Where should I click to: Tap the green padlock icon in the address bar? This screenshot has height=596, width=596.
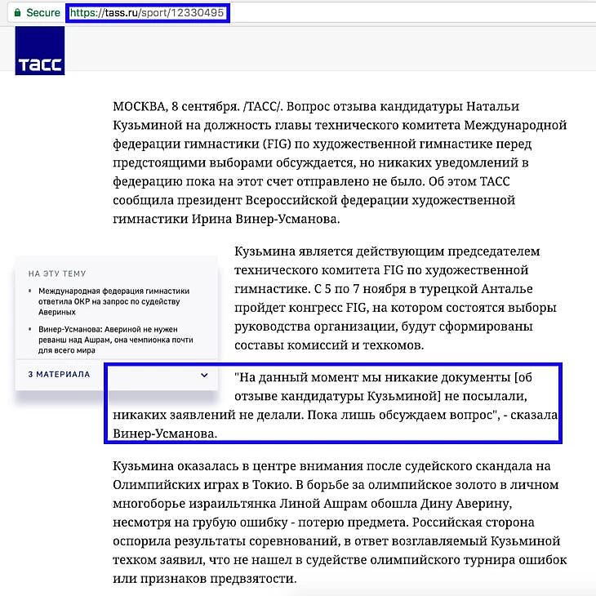[19, 12]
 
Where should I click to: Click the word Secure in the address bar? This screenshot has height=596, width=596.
[43, 12]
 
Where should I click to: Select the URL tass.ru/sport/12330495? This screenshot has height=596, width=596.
[147, 12]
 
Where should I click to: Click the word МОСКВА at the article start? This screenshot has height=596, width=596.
[139, 108]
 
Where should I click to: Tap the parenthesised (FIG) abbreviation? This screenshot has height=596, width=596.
[278, 145]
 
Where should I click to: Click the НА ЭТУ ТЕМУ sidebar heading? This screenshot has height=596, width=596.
[56, 274]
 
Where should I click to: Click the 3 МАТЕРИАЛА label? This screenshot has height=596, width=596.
[59, 375]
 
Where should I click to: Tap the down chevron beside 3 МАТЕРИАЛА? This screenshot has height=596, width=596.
[204, 375]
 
